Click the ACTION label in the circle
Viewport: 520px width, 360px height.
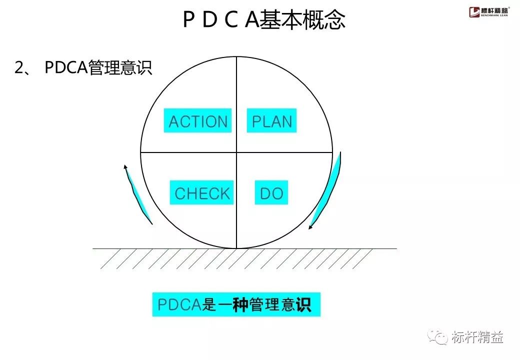click(198, 121)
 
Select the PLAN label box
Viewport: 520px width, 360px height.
click(272, 121)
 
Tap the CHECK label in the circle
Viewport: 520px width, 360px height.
click(202, 192)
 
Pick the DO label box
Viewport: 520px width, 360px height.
click(272, 192)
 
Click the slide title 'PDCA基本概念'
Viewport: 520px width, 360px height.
click(264, 20)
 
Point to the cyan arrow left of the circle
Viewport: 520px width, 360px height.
click(138, 195)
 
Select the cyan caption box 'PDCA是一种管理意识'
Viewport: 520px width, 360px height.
click(236, 304)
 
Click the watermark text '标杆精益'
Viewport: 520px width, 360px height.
click(477, 337)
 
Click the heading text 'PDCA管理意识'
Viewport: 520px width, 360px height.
click(98, 68)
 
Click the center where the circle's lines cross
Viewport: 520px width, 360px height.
click(236, 152)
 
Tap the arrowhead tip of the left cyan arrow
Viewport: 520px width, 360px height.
click(124, 165)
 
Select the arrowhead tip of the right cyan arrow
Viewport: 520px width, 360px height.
click(310, 228)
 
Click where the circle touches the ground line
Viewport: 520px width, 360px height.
click(236, 248)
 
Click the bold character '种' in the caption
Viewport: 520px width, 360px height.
click(240, 305)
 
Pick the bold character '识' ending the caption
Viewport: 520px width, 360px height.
click(303, 305)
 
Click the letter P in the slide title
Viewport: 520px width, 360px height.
click(188, 20)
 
